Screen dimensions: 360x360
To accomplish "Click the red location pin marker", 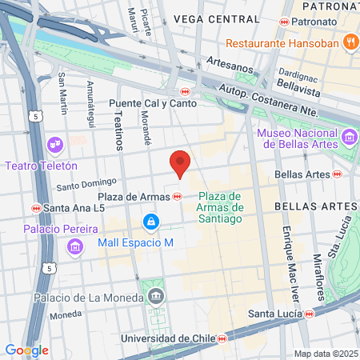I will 181,164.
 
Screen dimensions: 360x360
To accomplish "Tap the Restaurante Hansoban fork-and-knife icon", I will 350,42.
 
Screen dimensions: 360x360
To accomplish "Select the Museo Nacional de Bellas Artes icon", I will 348,138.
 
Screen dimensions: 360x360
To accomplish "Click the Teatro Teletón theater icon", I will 55,145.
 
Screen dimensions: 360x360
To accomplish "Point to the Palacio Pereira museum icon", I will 75,246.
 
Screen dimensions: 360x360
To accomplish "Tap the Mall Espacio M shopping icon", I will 150,220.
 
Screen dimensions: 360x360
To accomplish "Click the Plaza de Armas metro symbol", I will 177,196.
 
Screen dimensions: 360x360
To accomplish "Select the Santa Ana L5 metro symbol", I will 36,208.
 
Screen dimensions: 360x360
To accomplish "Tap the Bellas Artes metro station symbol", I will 338,173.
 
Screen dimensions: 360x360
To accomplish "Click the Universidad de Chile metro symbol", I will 222,338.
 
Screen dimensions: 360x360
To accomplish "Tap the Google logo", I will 26,350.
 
